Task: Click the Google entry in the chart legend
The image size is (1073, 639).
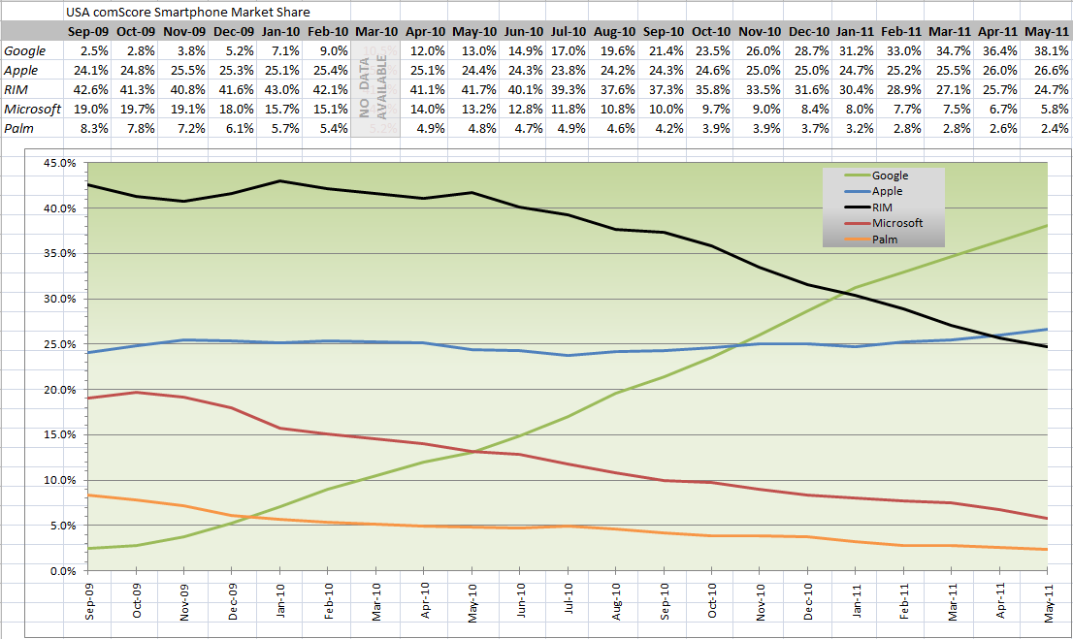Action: click(890, 176)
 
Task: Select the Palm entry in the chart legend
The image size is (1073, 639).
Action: click(884, 238)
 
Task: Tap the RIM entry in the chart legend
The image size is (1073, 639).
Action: click(882, 207)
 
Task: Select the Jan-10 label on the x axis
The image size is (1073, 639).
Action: click(280, 598)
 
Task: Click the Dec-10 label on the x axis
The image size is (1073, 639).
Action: click(808, 598)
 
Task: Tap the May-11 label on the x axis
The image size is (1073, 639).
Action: click(1049, 598)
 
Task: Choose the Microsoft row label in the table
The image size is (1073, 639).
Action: click(32, 109)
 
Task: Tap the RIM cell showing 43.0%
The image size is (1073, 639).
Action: click(279, 89)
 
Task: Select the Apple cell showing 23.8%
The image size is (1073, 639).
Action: click(567, 70)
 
